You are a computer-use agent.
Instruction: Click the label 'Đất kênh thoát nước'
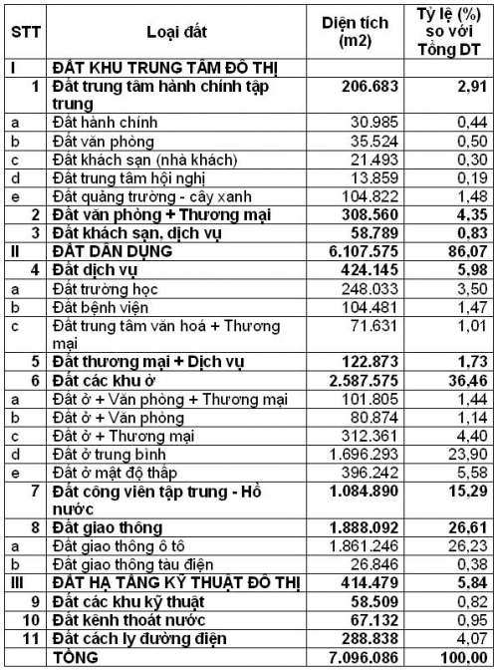click(x=126, y=618)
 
